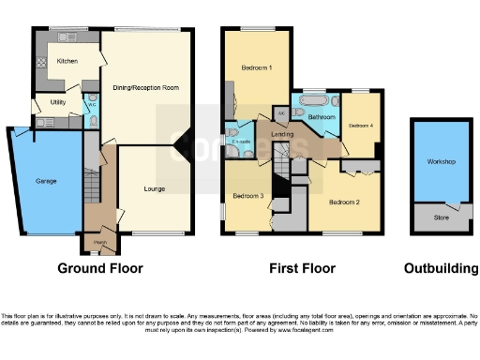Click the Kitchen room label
pos(67,61)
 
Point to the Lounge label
pos(155,188)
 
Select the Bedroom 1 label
pos(256,68)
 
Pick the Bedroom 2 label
pos(345,201)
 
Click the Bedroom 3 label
pos(247,195)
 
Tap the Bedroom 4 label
pos(361,125)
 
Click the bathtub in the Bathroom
pos(310,99)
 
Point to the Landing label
pos(282,135)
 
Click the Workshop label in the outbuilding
pos(441,162)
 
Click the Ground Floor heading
pos(100,268)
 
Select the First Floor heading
pos(302,268)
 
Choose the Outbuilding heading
pos(441,268)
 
